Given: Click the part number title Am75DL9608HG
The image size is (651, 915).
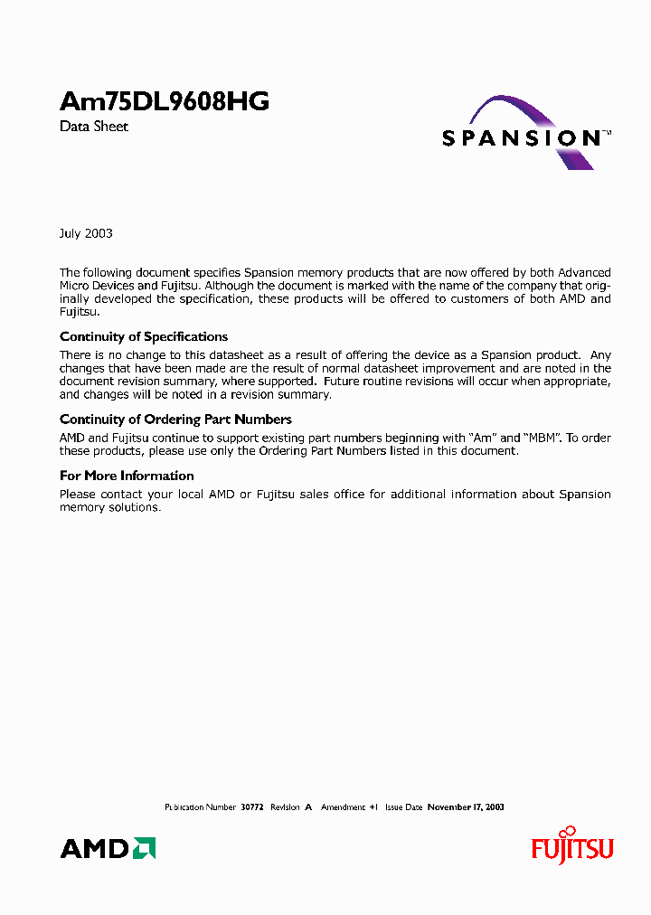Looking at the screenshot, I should [164, 102].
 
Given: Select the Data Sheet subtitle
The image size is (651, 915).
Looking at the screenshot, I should [94, 127].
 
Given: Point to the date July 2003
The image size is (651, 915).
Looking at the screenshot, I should [86, 233].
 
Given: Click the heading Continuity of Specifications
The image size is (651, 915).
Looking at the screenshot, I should [144, 336].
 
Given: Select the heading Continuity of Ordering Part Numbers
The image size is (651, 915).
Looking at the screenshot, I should [175, 419].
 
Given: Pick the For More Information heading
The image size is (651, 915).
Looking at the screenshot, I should [127, 476].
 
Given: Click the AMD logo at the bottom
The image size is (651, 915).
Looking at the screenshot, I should [108, 848].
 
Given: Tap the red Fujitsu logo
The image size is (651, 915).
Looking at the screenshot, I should [571, 847].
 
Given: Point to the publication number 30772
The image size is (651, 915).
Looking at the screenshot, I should [251, 807].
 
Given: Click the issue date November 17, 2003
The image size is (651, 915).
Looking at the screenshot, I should [466, 807].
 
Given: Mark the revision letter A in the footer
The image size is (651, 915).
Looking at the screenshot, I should [308, 807].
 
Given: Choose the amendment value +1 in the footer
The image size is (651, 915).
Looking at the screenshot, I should [373, 807].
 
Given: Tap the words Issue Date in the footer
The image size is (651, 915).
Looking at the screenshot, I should [404, 807].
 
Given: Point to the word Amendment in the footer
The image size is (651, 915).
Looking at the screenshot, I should [344, 807].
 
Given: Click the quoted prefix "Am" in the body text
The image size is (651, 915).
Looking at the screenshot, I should [483, 438].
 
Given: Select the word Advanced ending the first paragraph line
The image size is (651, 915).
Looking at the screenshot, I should [584, 272].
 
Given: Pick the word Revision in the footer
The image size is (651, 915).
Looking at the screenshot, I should [285, 807].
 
